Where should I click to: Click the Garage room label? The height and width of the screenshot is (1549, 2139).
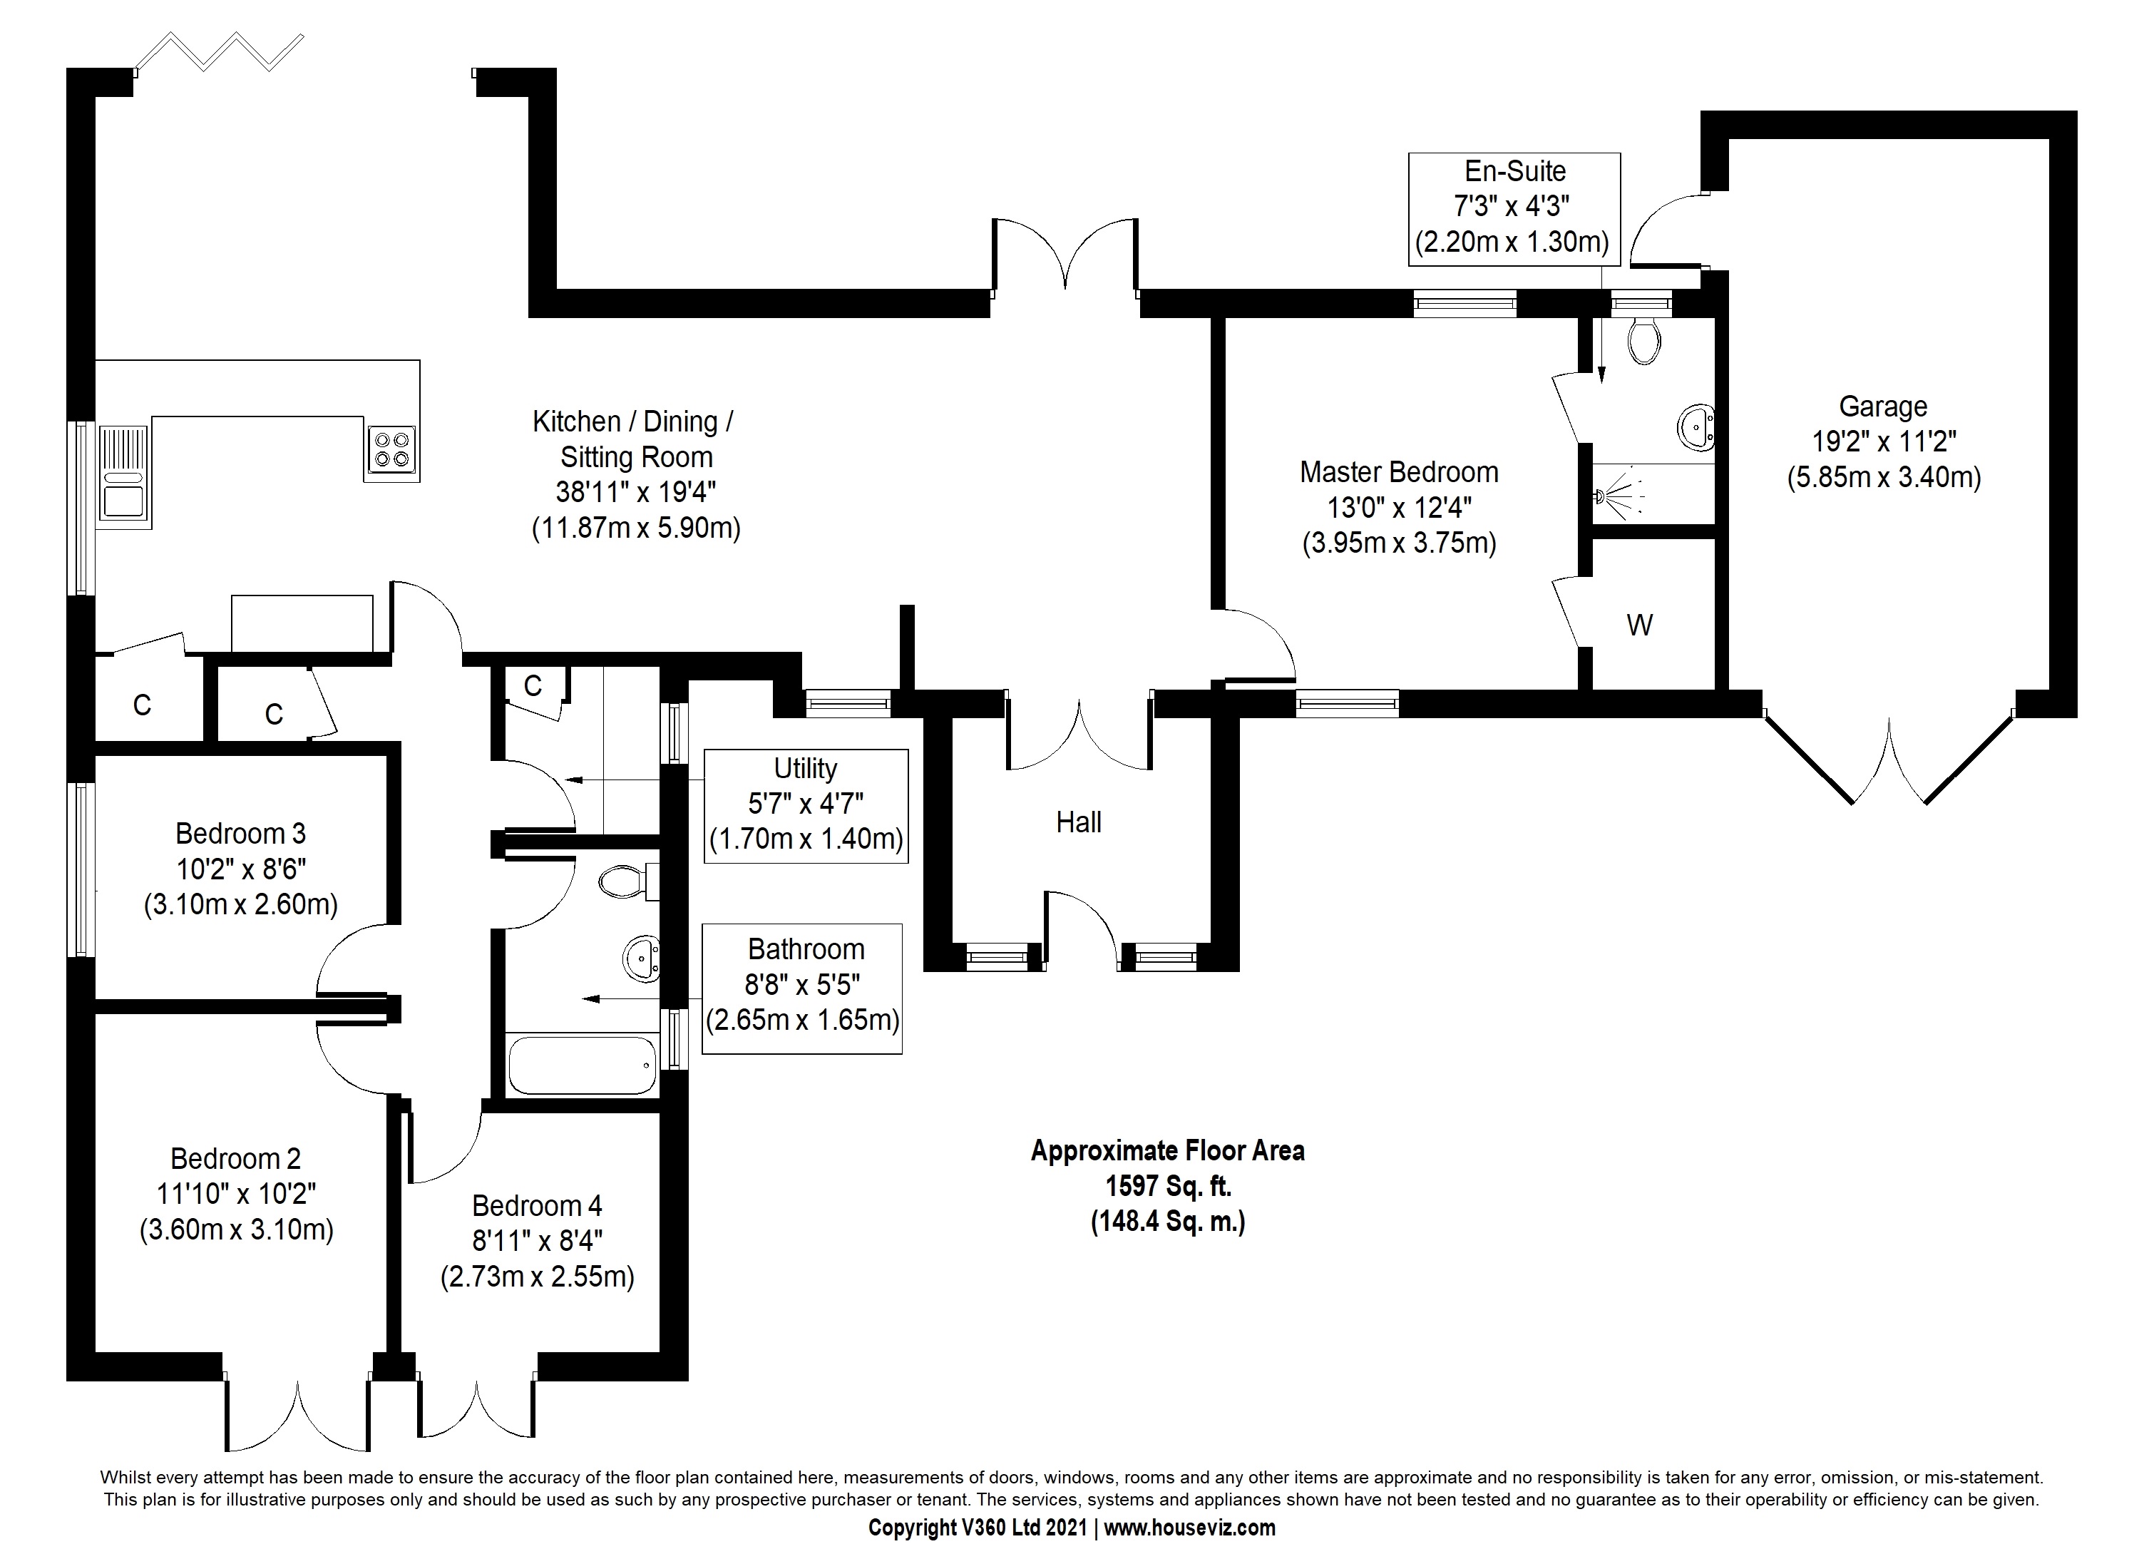coord(1884,407)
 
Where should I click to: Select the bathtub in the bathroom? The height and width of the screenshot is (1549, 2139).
coord(582,1065)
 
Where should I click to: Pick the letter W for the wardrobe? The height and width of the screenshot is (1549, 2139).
coord(1640,625)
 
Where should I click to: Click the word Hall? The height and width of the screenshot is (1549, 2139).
coord(1079,822)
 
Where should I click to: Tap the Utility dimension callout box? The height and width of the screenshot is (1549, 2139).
coord(806,806)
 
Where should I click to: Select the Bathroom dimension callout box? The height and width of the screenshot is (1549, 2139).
coord(803,988)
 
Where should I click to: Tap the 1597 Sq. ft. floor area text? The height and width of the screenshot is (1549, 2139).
coord(1169,1186)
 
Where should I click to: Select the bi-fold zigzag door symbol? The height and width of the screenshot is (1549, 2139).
coord(220,52)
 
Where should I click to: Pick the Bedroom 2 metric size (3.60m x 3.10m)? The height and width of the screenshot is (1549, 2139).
coord(237,1230)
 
